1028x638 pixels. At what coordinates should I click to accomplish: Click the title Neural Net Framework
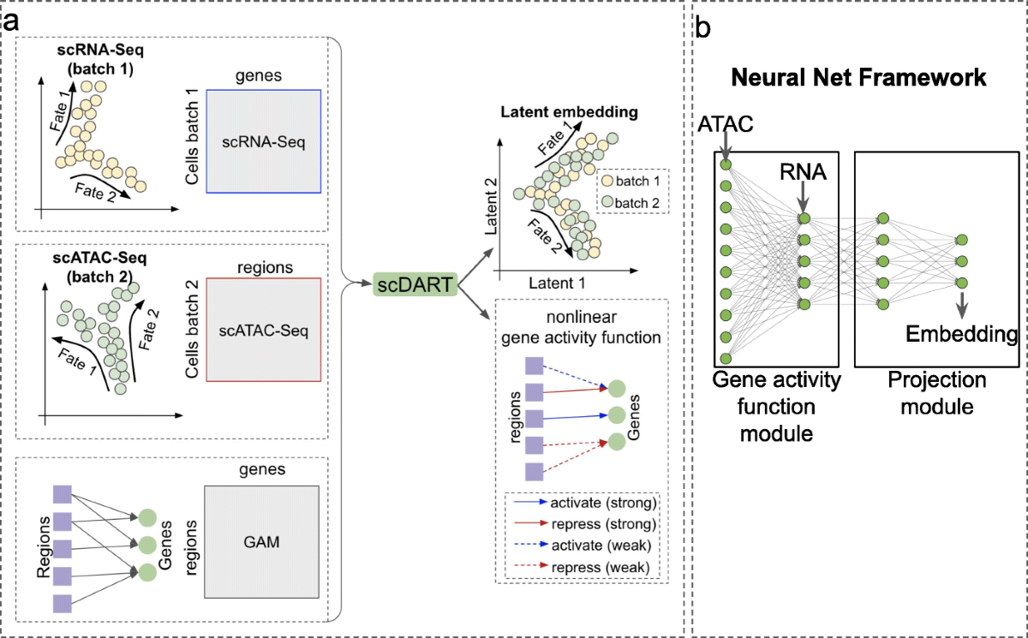coord(859,78)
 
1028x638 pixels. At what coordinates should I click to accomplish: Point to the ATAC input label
coord(724,126)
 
